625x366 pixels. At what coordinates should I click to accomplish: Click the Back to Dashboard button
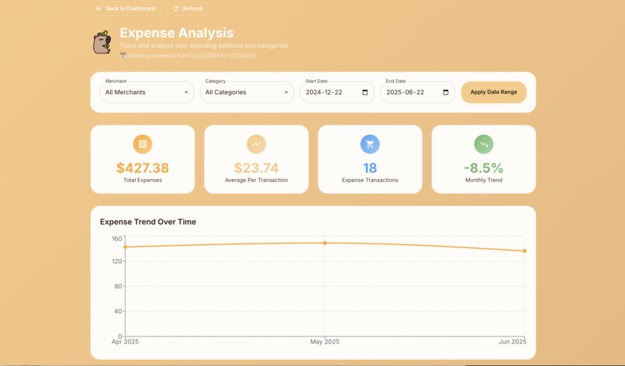click(x=125, y=9)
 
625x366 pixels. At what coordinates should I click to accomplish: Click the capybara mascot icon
click(x=102, y=42)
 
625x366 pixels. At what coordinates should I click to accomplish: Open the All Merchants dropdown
click(x=147, y=92)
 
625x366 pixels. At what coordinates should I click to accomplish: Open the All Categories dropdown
click(x=247, y=92)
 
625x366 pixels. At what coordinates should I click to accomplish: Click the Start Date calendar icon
click(x=365, y=92)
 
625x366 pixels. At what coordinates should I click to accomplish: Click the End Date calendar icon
click(x=445, y=92)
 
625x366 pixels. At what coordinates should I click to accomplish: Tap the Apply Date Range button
click(x=493, y=92)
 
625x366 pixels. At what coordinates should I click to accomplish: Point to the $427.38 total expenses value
click(x=143, y=167)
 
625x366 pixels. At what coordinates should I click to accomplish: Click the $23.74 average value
click(x=256, y=167)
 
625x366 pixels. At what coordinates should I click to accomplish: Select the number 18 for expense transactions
click(x=370, y=167)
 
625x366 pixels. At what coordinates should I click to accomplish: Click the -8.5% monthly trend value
click(x=483, y=167)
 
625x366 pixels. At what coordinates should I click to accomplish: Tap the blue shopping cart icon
click(x=370, y=144)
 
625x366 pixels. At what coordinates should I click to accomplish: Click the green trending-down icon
click(x=483, y=144)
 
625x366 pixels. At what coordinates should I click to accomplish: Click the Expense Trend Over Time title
click(x=148, y=222)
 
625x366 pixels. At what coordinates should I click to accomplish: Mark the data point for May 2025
click(x=325, y=243)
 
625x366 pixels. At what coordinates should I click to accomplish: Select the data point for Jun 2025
click(x=525, y=250)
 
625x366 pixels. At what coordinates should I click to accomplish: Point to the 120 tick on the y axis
click(x=117, y=261)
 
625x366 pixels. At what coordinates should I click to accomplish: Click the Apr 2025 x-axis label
click(x=125, y=342)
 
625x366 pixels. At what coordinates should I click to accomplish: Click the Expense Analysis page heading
click(x=176, y=33)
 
